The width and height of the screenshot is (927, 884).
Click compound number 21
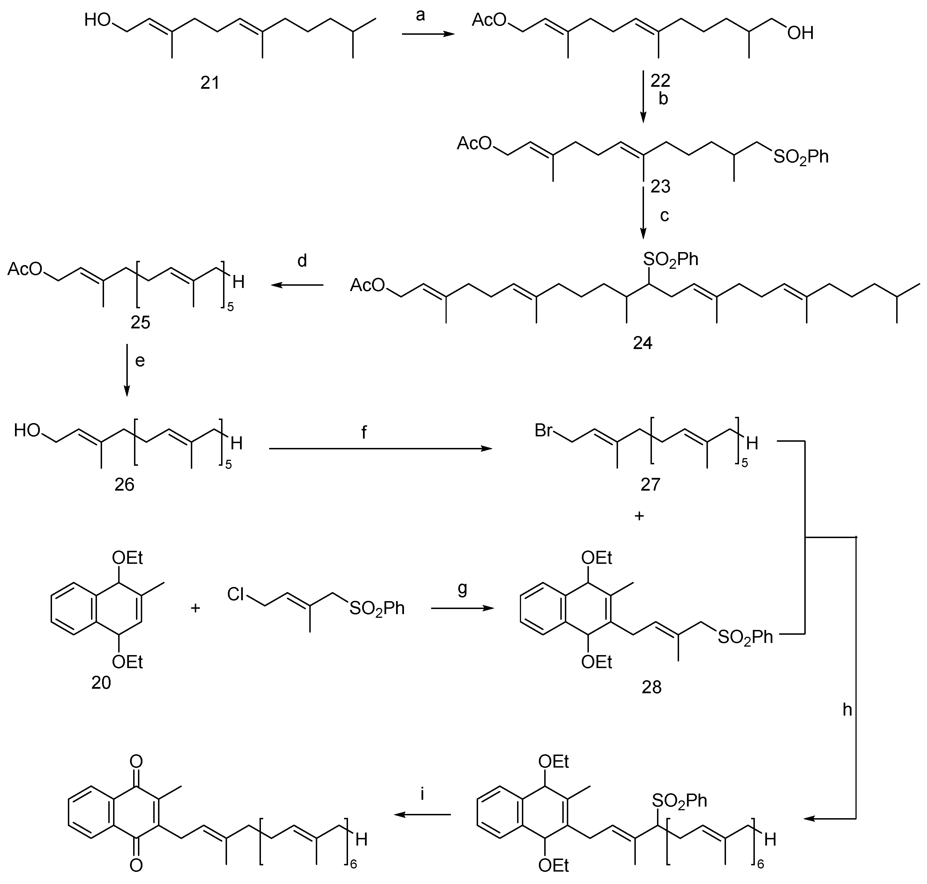coord(210,83)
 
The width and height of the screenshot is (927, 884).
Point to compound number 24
coord(642,343)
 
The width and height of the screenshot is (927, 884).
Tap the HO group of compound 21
coord(98,20)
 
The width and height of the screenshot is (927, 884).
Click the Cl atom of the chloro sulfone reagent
coord(236,594)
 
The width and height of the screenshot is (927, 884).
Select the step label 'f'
coord(364,432)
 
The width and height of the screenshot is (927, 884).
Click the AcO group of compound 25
coord(25,269)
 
